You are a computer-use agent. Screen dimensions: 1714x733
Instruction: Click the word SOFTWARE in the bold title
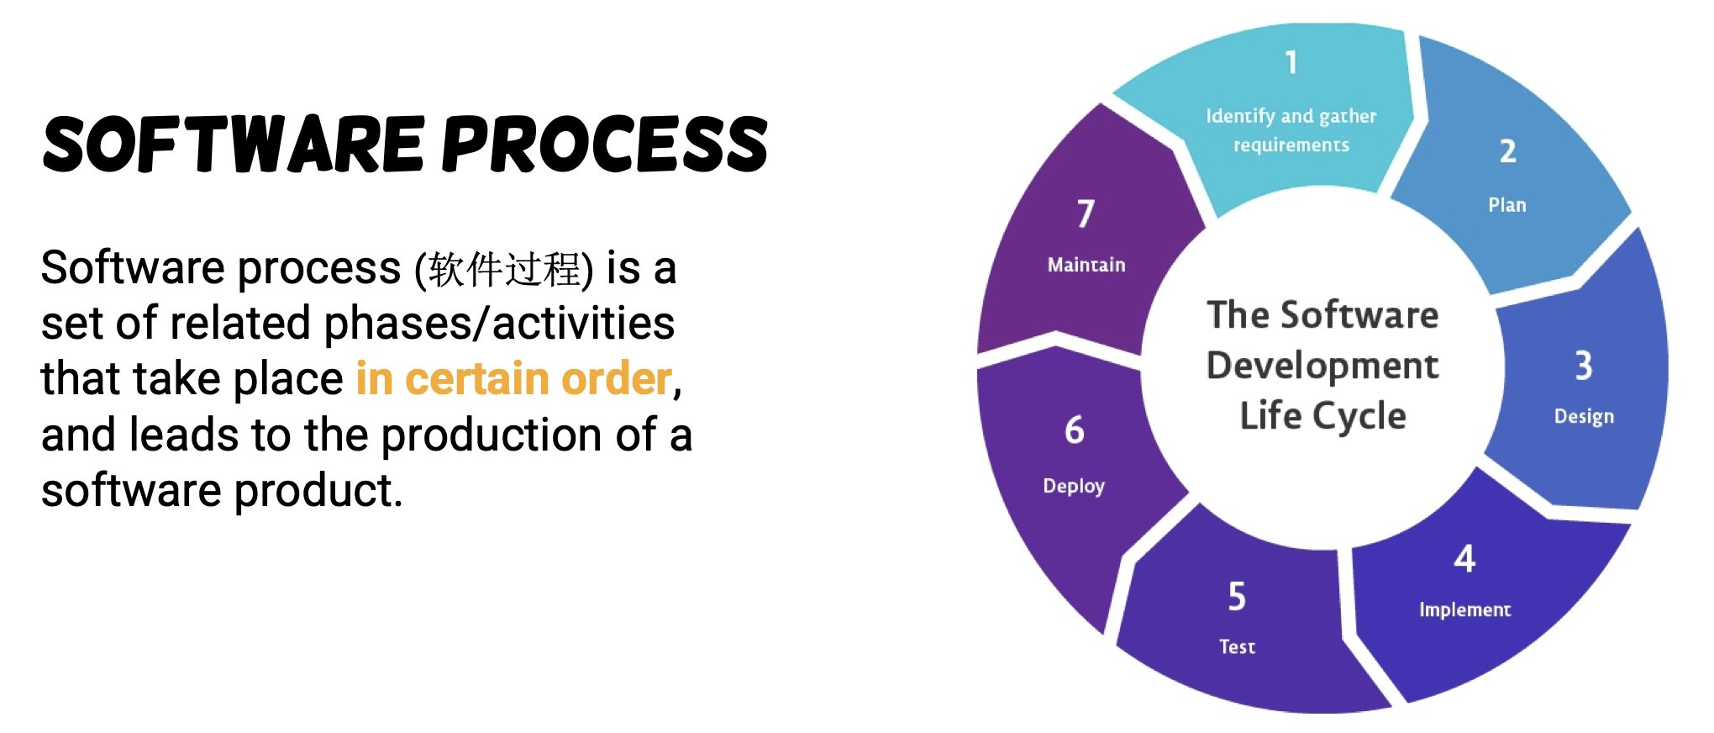[234, 145]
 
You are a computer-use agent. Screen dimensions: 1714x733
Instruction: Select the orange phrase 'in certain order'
[513, 378]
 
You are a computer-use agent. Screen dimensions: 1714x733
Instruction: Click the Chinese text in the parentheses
[504, 270]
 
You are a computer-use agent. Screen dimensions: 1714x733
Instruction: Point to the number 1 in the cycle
[1291, 62]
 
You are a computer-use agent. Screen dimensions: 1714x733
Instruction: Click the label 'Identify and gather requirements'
[1291, 130]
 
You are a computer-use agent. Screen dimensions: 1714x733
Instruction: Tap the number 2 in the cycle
[1508, 151]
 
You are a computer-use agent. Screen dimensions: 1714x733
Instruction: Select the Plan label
[1507, 205]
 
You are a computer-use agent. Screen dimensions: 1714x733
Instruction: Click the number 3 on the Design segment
[1584, 366]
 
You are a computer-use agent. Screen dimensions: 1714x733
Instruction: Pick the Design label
[1584, 417]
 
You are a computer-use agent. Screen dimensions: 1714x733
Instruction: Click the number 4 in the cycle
[1464, 559]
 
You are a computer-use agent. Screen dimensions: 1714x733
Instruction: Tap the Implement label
[1464, 609]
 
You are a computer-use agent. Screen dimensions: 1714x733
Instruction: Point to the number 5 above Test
[1237, 597]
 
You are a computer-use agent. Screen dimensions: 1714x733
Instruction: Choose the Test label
[1237, 646]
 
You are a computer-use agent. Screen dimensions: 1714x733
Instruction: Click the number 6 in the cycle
[1074, 430]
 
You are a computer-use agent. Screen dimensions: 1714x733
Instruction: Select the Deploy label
[1074, 486]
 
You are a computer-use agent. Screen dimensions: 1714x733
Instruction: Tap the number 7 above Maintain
[1086, 214]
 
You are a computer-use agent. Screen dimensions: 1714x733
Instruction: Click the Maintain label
[1086, 265]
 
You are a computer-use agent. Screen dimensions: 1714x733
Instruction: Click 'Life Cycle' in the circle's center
[1322, 416]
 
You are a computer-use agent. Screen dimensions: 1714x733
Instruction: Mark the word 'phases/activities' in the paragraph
[499, 324]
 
